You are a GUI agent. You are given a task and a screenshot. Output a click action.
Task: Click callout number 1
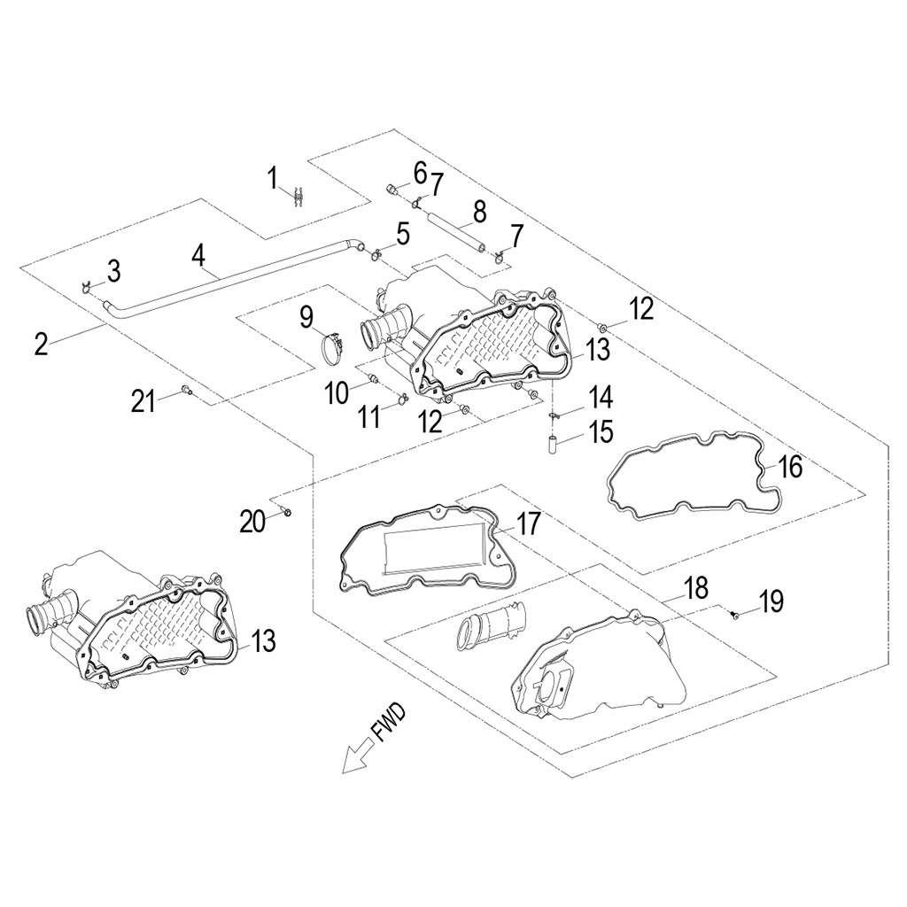274,178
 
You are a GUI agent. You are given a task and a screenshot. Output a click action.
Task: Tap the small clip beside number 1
298,196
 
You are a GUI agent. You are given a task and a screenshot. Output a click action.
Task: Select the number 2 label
41,344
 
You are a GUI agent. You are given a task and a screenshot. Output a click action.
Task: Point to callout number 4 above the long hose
198,257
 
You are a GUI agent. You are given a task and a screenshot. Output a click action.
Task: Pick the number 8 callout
479,212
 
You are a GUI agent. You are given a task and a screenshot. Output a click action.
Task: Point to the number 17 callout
529,524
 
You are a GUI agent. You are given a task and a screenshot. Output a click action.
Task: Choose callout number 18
696,586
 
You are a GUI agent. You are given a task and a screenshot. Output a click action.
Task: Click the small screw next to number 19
735,614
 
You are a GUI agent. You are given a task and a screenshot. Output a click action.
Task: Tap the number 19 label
771,602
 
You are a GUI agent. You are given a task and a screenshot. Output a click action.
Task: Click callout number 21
143,401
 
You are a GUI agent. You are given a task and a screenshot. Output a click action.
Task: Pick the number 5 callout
403,234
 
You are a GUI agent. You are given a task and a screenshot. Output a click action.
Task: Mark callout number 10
337,392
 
